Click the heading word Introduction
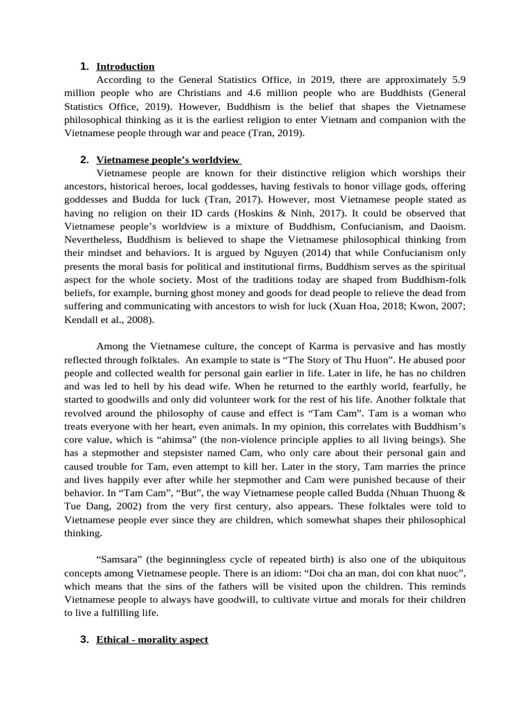[x=125, y=66]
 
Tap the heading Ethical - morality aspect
[x=152, y=640]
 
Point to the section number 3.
[x=84, y=640]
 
